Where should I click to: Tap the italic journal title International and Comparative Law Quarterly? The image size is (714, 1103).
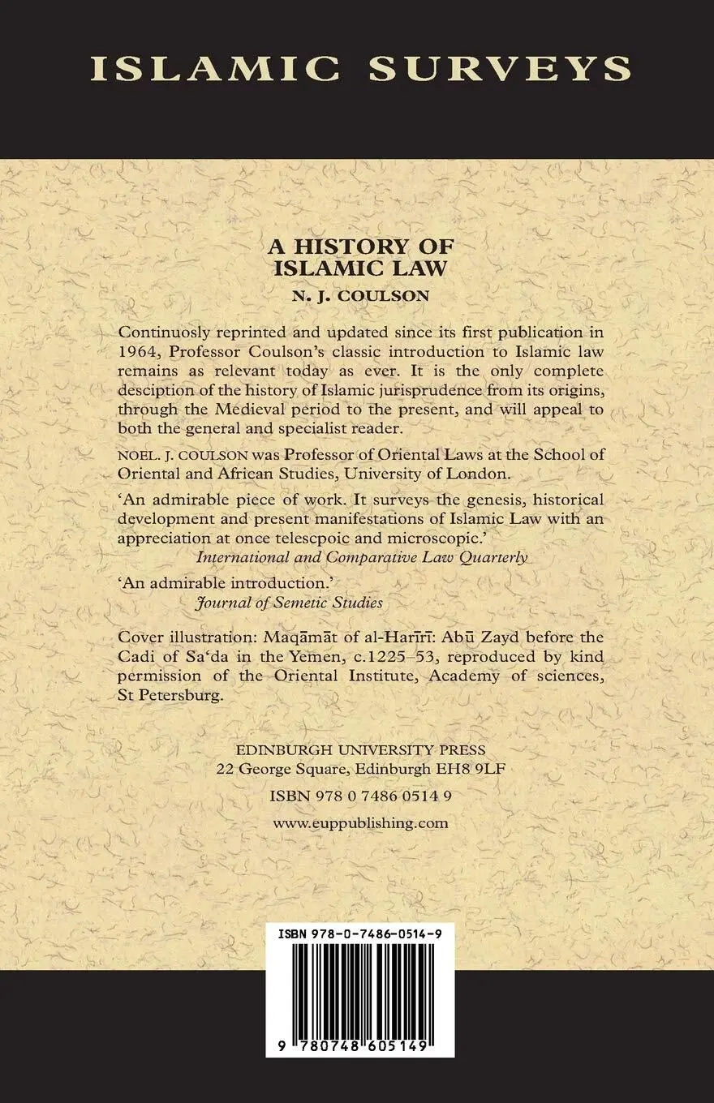click(362, 557)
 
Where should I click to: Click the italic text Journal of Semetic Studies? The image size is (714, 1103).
click(290, 603)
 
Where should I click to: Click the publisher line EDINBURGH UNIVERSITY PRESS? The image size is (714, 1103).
click(357, 750)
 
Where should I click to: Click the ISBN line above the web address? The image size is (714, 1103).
click(361, 796)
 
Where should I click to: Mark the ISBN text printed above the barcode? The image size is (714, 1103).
click(361, 933)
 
